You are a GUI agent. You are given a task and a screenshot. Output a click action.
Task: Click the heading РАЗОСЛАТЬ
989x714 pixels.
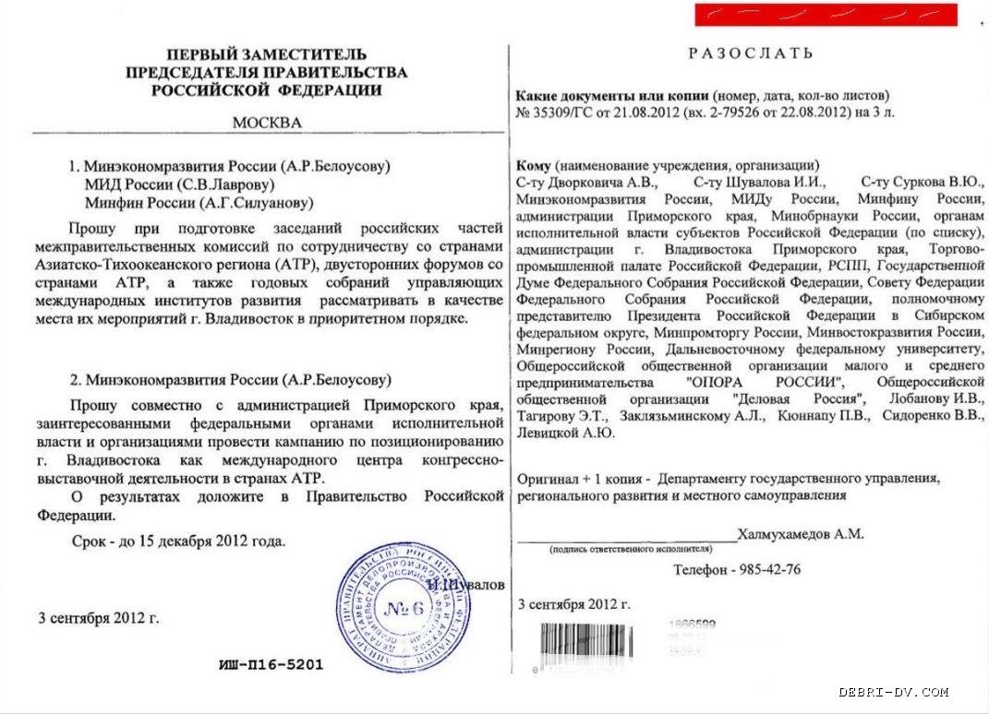(751, 54)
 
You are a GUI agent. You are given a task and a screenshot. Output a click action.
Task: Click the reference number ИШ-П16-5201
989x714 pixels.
(271, 664)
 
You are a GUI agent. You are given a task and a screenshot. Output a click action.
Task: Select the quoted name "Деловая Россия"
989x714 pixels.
(798, 399)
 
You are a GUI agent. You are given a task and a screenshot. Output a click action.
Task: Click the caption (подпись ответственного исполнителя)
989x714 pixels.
(625, 549)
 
